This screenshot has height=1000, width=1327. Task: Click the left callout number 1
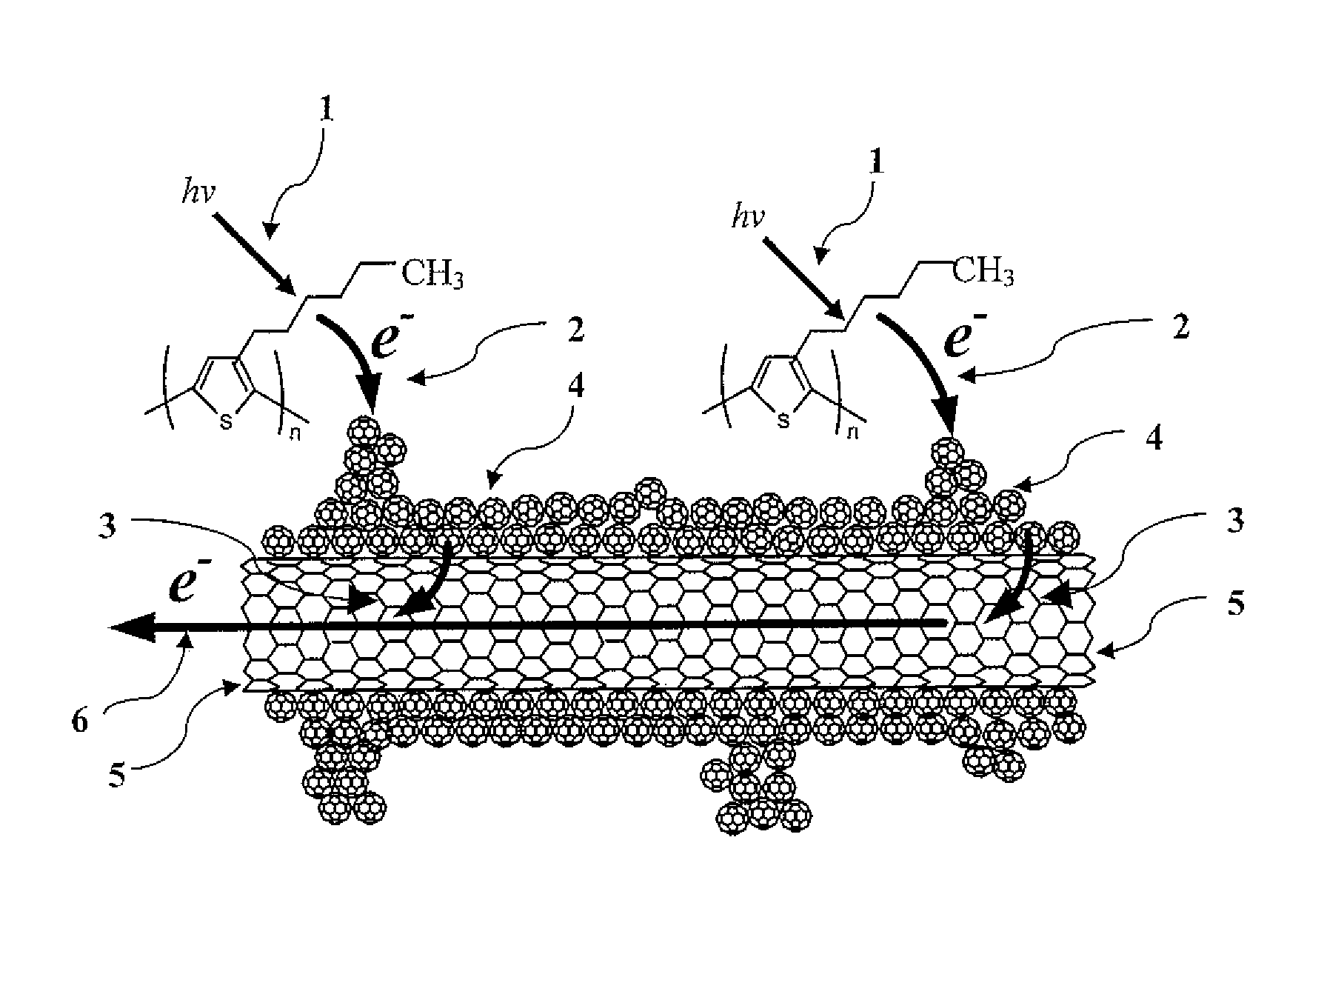point(327,110)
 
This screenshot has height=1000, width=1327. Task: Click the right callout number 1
point(877,163)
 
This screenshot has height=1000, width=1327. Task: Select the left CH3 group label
point(432,275)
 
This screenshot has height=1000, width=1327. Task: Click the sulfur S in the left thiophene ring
point(227,422)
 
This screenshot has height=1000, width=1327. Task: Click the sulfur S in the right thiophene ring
point(783,422)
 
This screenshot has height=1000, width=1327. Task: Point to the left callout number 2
point(575,330)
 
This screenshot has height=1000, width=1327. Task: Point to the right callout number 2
point(1181,327)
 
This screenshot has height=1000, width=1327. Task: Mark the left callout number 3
point(109,530)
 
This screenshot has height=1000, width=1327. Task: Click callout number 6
point(80,720)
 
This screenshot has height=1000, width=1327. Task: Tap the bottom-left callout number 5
point(117,777)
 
